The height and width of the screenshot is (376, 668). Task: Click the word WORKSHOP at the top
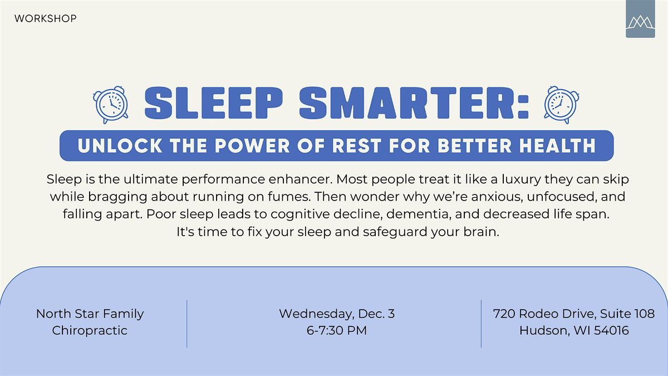coord(46,19)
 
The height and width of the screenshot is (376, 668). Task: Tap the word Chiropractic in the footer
coord(90,330)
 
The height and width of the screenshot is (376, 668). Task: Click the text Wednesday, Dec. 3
coord(337,314)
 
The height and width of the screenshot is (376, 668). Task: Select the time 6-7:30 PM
coord(337,330)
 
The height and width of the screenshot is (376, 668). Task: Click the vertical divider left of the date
coord(186,324)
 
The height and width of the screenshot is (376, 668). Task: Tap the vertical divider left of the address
coord(481,324)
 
